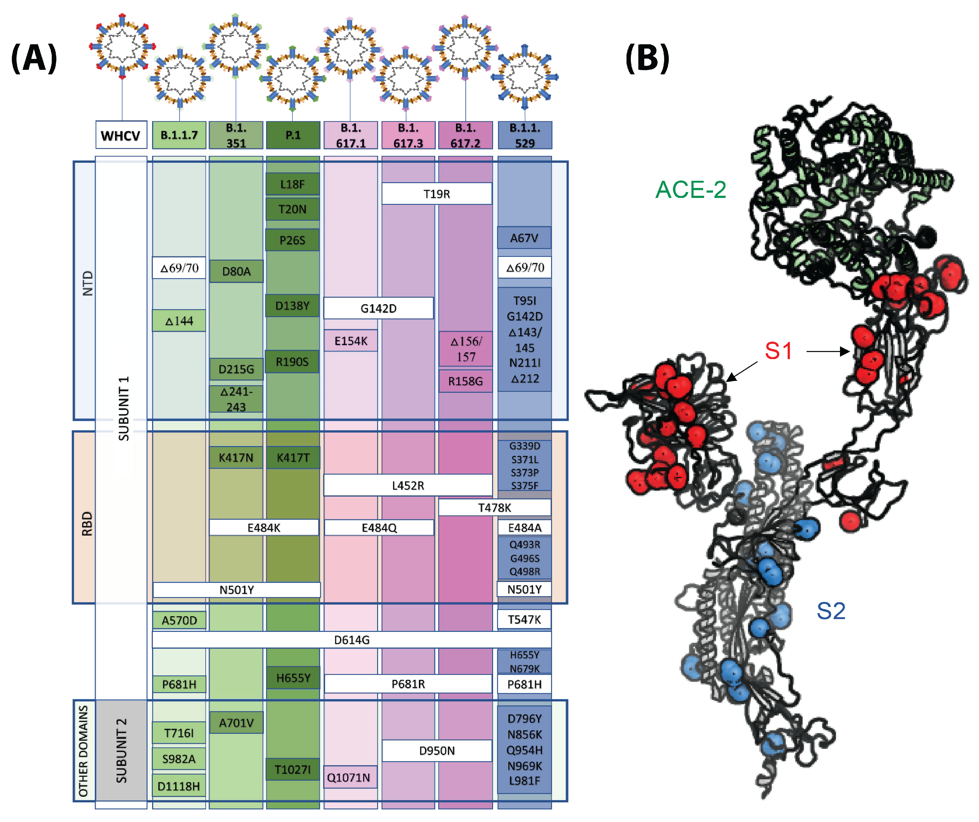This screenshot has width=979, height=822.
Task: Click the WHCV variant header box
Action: coord(121,135)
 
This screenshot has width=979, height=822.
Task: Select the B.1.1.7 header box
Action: coord(179,135)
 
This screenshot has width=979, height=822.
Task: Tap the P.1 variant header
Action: coord(293,135)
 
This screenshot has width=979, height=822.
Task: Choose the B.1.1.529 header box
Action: coord(525,135)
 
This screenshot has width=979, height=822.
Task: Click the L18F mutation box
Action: coord(292,184)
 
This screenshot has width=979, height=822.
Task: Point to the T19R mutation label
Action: coord(436,194)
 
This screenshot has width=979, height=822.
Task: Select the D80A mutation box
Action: coord(236,272)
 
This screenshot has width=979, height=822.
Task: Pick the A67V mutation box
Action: coord(524,238)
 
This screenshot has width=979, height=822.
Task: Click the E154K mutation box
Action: coord(351,341)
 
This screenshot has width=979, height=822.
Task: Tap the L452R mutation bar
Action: coord(408,485)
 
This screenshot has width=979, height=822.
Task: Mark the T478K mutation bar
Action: coord(494,507)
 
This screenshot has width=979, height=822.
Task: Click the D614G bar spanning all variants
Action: coord(352,640)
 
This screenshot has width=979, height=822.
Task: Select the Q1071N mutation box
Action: coord(349,777)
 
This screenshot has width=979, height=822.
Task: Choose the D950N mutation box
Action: coord(437,751)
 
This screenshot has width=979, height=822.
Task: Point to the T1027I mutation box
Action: coord(292,769)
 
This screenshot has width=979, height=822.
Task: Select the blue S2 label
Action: coord(831,611)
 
